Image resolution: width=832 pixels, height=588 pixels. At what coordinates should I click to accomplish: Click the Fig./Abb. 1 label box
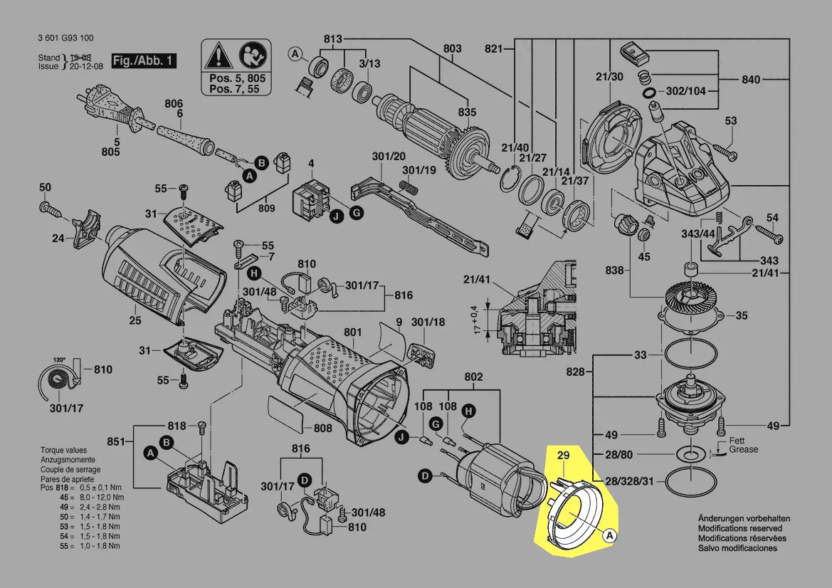click(143, 61)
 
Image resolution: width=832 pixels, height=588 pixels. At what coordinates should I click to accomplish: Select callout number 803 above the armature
click(452, 48)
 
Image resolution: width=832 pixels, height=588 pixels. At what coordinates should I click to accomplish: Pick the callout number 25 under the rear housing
click(135, 321)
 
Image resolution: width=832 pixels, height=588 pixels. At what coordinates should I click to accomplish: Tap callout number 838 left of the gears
click(614, 271)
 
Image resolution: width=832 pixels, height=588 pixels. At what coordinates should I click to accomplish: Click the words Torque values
click(63, 451)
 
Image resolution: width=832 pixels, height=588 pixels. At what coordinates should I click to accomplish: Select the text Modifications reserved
click(739, 529)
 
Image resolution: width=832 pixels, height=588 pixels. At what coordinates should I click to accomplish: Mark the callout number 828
click(576, 372)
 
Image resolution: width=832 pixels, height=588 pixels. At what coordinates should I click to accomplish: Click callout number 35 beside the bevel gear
click(742, 315)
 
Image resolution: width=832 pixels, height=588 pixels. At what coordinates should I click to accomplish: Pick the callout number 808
click(322, 428)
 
